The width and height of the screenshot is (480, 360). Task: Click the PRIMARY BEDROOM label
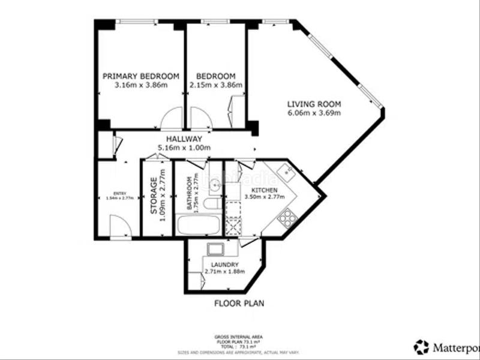tap(140, 76)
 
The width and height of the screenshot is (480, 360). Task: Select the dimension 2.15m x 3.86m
tap(215, 85)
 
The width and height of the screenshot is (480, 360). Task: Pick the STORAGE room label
tap(154, 196)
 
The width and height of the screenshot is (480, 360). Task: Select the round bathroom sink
tap(214, 185)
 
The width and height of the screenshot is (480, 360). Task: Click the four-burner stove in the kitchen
tap(286, 217)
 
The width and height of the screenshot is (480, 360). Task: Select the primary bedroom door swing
tap(172, 119)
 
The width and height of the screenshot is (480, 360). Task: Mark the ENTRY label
tap(120, 193)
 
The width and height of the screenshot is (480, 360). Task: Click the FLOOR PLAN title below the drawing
tap(239, 304)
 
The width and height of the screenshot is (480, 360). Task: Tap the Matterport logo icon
tap(422, 346)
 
